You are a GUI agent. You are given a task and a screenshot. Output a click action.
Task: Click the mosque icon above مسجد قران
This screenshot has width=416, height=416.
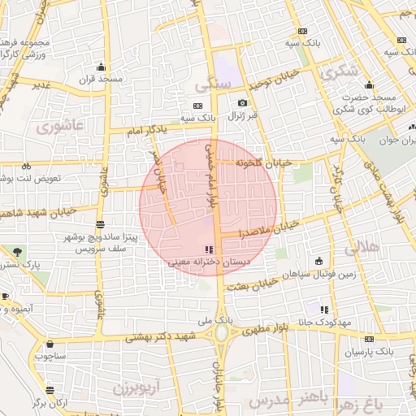(x=101, y=67)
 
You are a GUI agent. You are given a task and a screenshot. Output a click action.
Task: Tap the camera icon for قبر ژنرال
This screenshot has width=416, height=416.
(x=242, y=103)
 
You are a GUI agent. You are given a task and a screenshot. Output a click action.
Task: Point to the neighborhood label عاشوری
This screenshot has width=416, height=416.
(x=60, y=127)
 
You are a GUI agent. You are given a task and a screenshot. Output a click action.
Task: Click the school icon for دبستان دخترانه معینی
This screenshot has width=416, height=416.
(x=209, y=249)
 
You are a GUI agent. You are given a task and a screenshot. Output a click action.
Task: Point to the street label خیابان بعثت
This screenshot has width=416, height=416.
(x=250, y=284)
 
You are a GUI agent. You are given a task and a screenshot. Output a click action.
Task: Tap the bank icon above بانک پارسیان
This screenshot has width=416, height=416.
(x=370, y=339)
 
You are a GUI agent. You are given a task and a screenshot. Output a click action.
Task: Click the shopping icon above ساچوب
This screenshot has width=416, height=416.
(x=50, y=344)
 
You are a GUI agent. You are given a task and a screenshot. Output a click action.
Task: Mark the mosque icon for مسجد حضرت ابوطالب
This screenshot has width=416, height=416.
(x=369, y=85)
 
